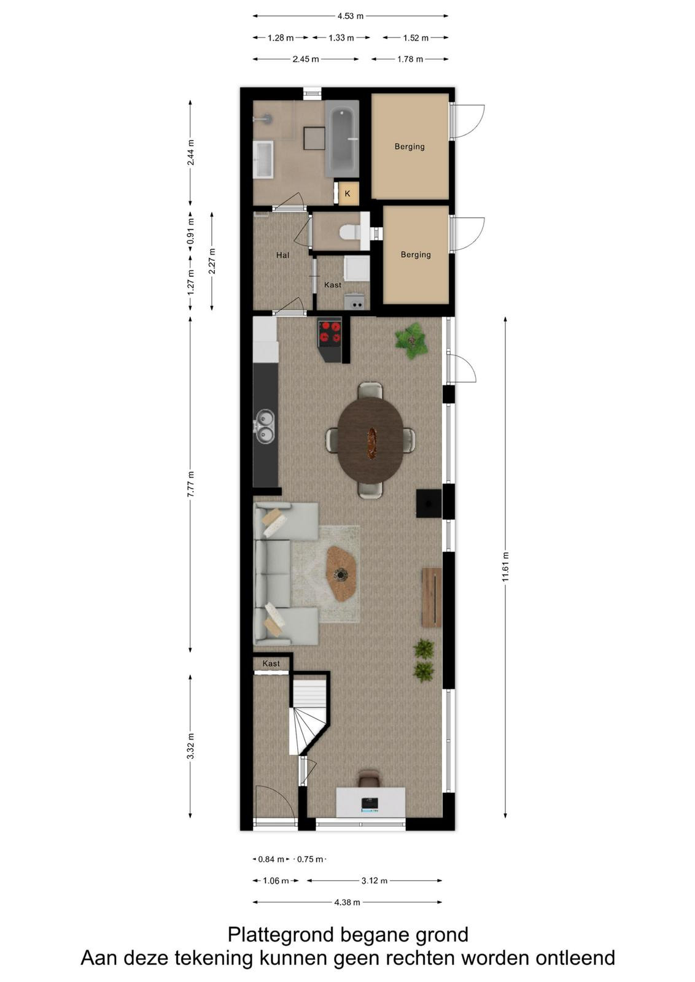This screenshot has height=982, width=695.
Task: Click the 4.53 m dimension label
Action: (351, 16)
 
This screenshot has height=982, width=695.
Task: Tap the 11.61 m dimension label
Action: (505, 567)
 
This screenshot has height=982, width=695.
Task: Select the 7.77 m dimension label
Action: (190, 484)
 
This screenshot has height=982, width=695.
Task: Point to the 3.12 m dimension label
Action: (375, 880)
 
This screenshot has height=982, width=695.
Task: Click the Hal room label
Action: (282, 255)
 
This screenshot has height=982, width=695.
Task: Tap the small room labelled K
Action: (347, 193)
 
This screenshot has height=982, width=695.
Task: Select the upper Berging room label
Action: (410, 147)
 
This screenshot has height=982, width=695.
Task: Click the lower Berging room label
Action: (416, 254)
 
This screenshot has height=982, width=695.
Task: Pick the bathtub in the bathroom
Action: (342, 139)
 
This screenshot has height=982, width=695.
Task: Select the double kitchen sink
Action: (265, 427)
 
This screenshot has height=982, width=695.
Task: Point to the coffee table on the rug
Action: (341, 573)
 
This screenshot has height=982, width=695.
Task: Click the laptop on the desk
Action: (370, 804)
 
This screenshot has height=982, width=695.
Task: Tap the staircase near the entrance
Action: (308, 715)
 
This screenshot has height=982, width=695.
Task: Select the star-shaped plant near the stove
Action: (411, 341)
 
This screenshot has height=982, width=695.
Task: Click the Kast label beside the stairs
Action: (271, 663)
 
